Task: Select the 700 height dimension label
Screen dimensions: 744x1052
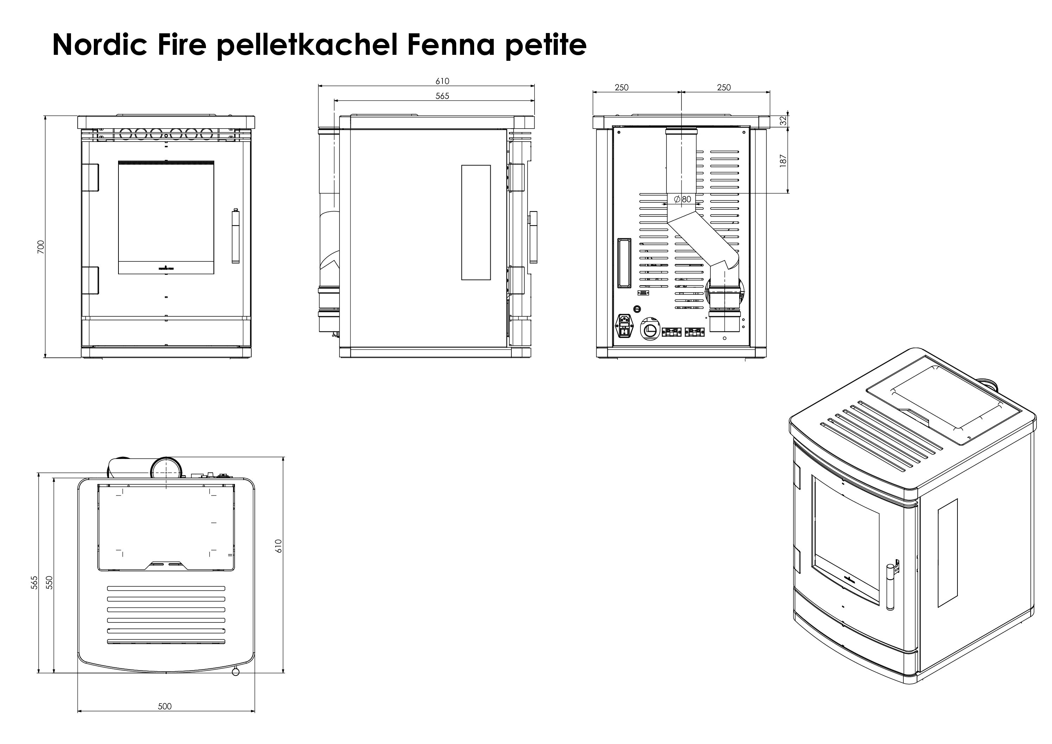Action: click(41, 247)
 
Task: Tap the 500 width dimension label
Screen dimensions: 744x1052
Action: click(164, 706)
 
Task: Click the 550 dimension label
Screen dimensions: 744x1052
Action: click(50, 582)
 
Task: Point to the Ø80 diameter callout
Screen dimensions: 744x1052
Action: click(682, 199)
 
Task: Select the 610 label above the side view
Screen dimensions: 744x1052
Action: click(442, 81)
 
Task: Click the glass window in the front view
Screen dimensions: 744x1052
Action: click(166, 213)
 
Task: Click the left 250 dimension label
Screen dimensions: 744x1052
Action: click(621, 87)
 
